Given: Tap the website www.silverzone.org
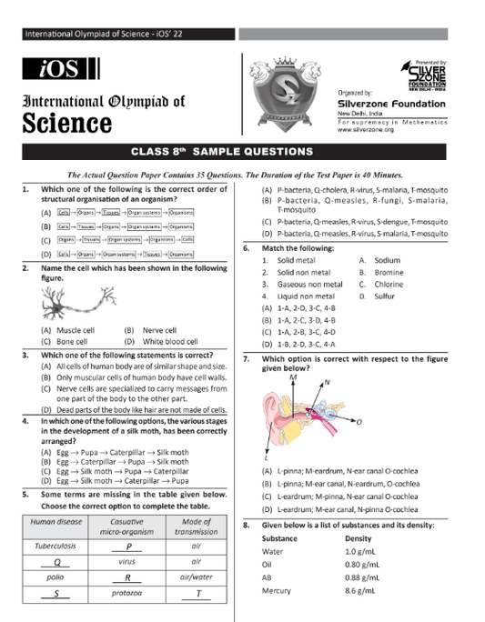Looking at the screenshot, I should point(366,130).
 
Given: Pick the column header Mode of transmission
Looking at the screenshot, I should point(197,527).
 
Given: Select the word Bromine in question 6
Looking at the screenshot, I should point(389,272).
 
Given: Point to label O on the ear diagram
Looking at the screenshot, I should point(359,423).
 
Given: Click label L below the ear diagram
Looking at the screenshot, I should point(266,456).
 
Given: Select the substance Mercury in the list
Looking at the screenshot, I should point(276,590).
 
